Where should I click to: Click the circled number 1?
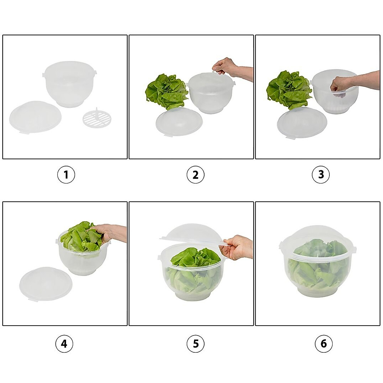(66, 175)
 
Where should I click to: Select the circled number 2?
(195, 175)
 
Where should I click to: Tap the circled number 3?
(321, 175)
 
